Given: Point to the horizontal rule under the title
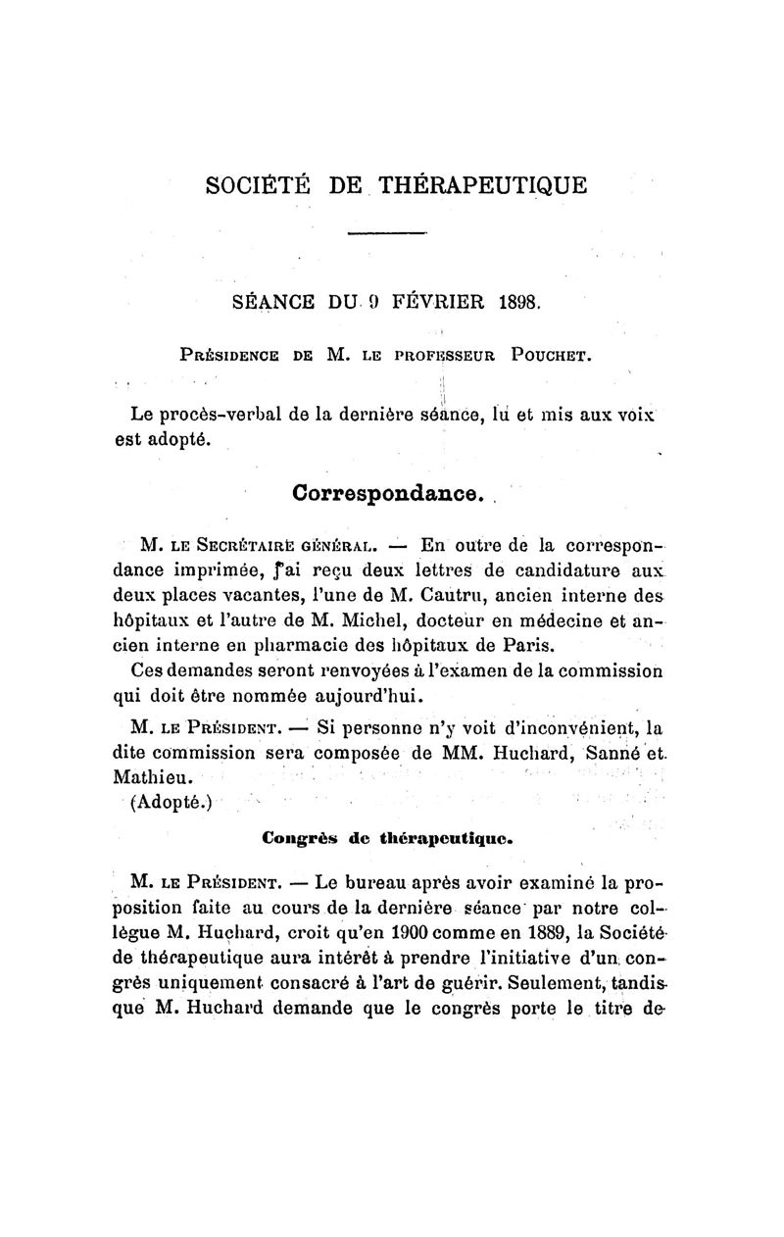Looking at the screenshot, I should (x=388, y=233).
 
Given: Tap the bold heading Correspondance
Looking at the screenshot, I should (x=387, y=492).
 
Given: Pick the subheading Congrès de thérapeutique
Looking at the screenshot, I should (x=388, y=839).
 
